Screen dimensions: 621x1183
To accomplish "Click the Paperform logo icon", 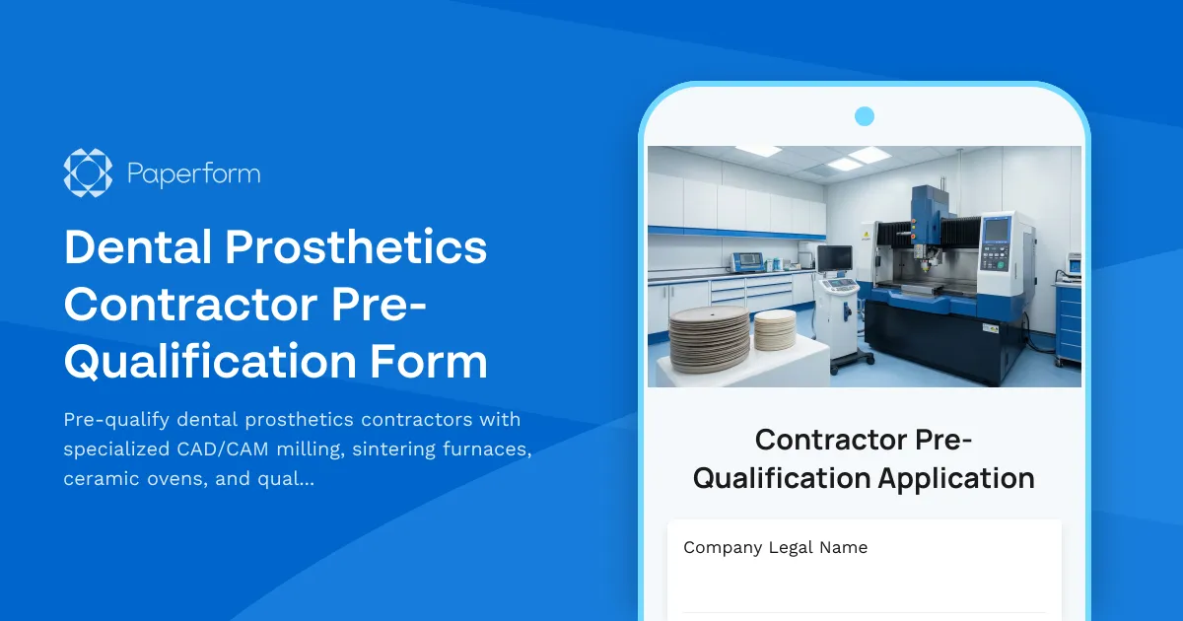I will (88, 172).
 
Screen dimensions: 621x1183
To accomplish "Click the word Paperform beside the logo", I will (193, 174).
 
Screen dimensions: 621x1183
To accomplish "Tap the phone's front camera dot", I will (865, 116).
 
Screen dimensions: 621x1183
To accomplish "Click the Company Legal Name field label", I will (775, 547).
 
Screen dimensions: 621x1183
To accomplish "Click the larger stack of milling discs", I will (709, 338).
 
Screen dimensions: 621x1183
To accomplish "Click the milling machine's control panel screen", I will (996, 230).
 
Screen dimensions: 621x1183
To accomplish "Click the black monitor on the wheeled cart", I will (834, 258).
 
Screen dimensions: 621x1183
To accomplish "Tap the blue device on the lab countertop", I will (746, 261).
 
